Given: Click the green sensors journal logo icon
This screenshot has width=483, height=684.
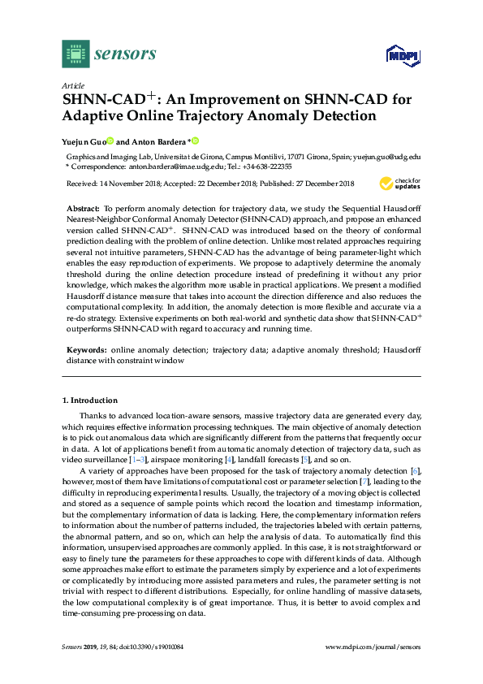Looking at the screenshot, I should tap(75, 54).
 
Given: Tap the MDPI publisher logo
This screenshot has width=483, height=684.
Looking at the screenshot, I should tap(402, 55).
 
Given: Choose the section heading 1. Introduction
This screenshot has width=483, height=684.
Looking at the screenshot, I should tap(89, 400).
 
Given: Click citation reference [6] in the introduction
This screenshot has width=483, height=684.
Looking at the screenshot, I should tap(415, 471).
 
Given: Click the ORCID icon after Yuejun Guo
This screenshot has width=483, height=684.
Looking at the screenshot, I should tap(110, 141).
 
